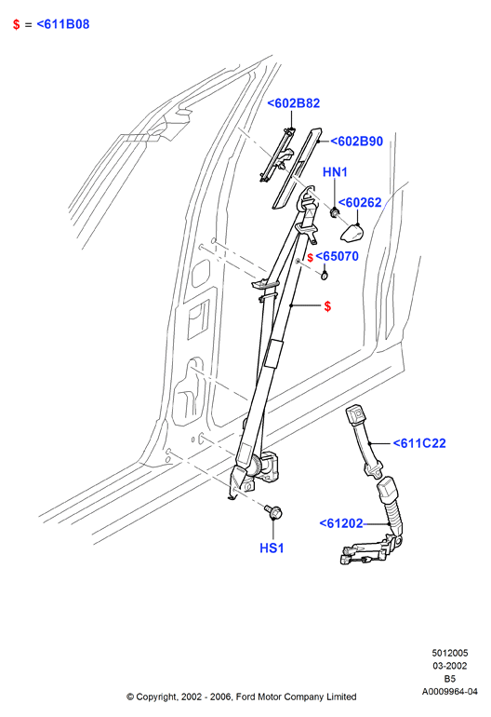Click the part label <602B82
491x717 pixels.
293,103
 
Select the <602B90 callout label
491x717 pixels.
356,142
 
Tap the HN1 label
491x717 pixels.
336,172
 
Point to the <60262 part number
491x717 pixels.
360,203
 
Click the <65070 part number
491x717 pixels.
337,256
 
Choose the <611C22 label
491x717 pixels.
419,443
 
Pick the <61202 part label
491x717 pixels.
341,523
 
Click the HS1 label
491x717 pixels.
272,548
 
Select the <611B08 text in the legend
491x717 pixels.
63,24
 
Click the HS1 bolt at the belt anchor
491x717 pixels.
274,512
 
